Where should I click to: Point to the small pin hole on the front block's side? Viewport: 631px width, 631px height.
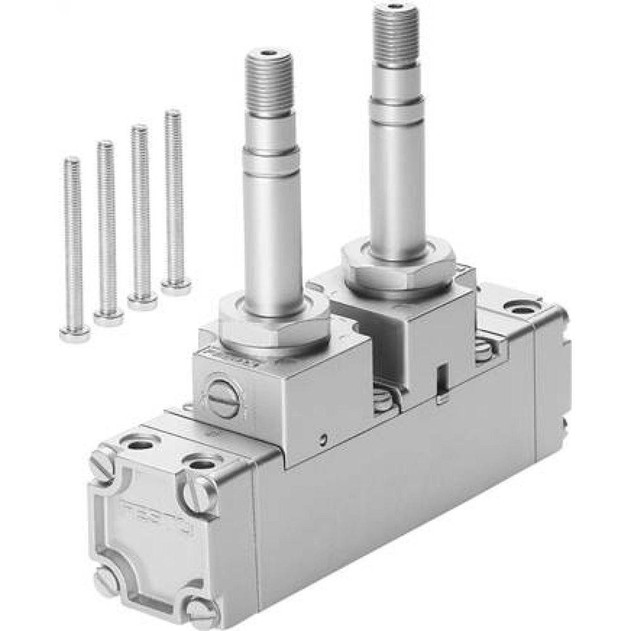coord(322,439)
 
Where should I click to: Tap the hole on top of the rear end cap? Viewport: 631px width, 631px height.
coord(521,310)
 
